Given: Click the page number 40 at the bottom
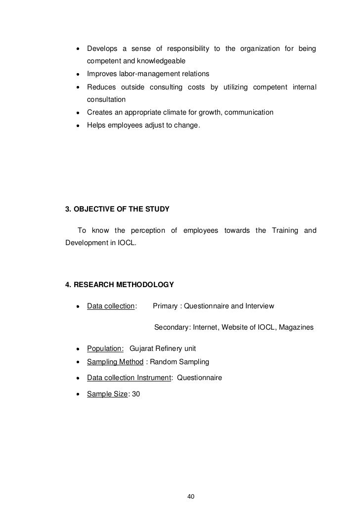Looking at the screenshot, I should click(192, 482).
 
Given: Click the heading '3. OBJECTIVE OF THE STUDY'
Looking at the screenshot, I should click(117, 210).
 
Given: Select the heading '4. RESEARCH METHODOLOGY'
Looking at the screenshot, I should click(120, 285).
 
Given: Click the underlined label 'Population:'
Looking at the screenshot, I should click(105, 348).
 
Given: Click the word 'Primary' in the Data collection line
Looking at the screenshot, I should click(165, 306).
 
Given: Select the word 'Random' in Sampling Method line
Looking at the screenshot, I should click(163, 362).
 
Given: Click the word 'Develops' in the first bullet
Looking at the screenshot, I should click(101, 48).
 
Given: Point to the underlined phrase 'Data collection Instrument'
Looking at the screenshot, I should click(129, 378).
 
